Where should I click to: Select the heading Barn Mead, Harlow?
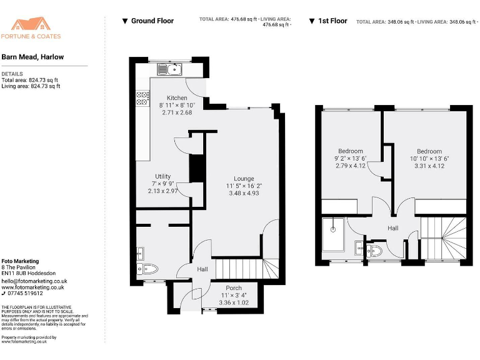click(32, 57)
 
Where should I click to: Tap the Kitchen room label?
click(177, 98)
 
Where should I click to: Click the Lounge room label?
click(244, 178)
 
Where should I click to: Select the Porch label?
click(234, 288)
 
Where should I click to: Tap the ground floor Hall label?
click(202, 269)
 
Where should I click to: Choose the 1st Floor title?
click(332, 21)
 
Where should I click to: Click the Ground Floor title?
click(152, 21)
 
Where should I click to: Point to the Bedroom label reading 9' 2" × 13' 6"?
click(351, 151)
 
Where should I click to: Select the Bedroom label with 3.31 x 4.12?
click(429, 151)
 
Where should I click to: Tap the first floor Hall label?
click(392, 228)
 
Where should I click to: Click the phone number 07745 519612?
click(25, 293)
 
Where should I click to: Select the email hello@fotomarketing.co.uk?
click(34, 281)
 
